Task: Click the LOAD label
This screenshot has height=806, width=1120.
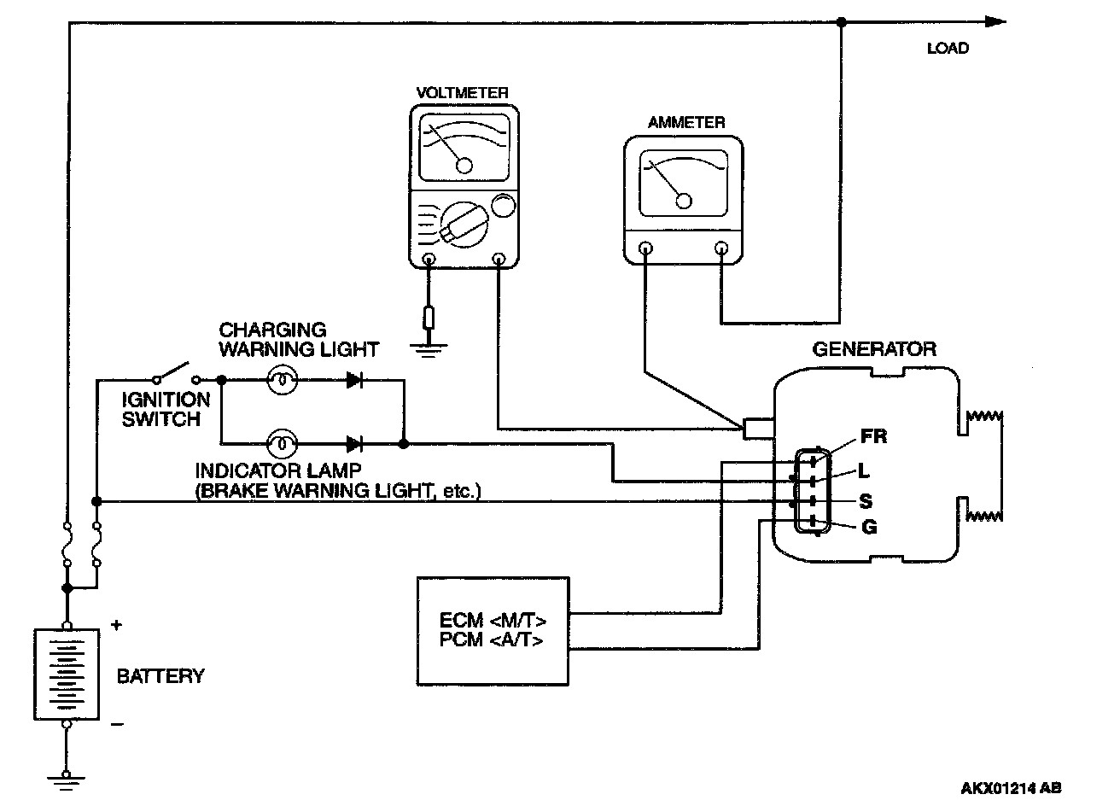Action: click(x=948, y=49)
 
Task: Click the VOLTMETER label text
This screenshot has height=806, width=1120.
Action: click(x=463, y=93)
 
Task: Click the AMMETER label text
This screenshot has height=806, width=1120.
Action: click(x=685, y=123)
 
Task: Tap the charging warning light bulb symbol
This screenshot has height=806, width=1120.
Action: click(x=282, y=381)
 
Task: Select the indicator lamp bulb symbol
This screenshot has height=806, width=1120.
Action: click(x=282, y=444)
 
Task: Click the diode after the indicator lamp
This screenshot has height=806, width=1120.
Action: click(x=355, y=444)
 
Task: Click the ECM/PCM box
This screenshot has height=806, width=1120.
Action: click(x=493, y=630)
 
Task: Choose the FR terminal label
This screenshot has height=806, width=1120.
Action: click(x=873, y=437)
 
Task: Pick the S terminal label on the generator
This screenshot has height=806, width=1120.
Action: click(x=865, y=501)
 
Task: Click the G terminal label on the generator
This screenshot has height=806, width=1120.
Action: click(x=869, y=528)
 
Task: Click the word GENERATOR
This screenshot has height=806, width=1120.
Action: click(x=873, y=349)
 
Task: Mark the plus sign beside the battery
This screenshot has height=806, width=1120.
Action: click(x=116, y=626)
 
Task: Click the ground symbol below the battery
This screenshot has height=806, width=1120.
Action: click(x=66, y=777)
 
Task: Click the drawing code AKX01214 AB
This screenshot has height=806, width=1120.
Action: click(x=1012, y=788)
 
